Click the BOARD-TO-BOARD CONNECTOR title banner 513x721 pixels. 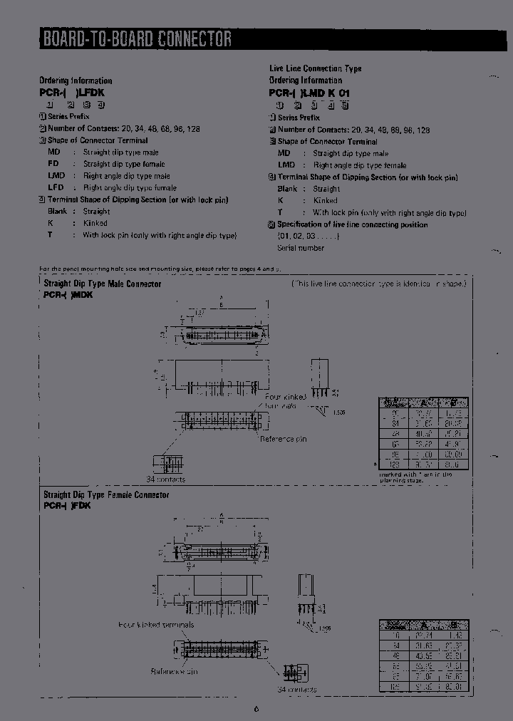point(137,38)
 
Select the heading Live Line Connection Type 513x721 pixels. point(315,68)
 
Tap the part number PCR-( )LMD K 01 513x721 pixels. point(309,93)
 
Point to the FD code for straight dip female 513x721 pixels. point(54,164)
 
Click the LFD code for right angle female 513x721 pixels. point(56,187)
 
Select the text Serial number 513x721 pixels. point(301,248)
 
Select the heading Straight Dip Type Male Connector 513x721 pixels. point(103,284)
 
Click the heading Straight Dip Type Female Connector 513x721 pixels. point(106,494)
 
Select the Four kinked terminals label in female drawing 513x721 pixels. point(156,625)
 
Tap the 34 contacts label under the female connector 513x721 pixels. point(297,690)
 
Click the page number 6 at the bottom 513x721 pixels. point(256,708)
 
